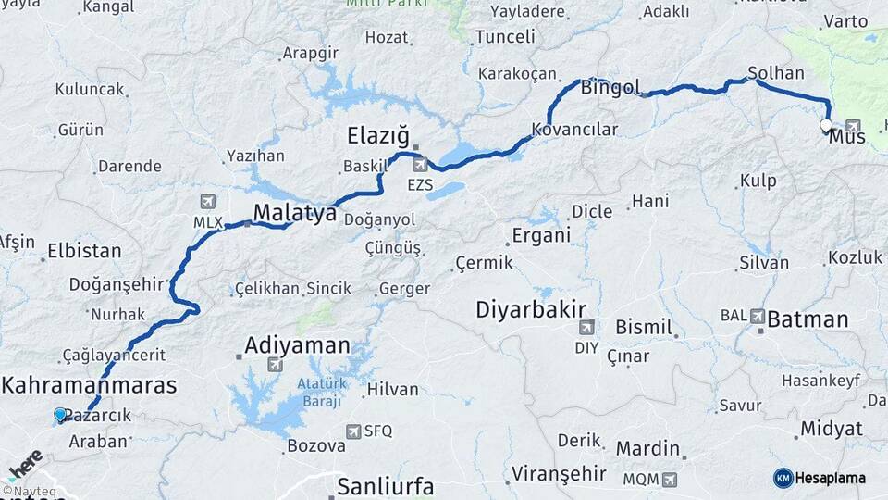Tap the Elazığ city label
tap(377, 137)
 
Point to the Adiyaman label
tap(297, 346)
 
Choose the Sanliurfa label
tap(385, 485)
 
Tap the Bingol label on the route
tap(610, 88)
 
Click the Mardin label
tap(647, 449)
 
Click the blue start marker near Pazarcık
tap(61, 415)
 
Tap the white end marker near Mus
tap(826, 125)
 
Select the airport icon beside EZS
tap(421, 166)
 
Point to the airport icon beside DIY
tap(586, 327)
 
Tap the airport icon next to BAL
tap(758, 316)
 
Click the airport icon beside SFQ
tap(352, 431)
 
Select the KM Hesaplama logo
tap(820, 478)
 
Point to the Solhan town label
tap(776, 73)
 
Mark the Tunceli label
tap(505, 37)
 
